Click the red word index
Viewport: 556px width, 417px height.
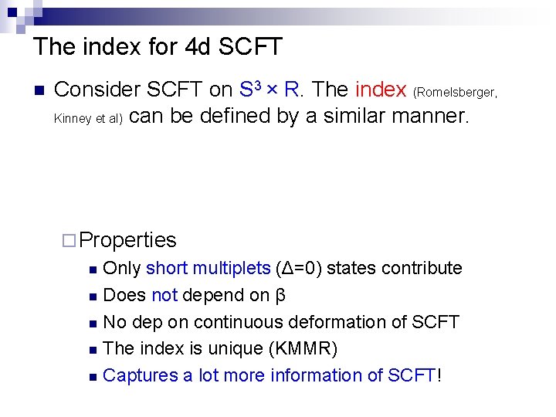click(381, 90)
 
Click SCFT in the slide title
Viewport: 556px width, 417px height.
click(251, 47)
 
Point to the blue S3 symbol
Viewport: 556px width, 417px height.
click(247, 89)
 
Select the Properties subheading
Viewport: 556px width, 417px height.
click(128, 240)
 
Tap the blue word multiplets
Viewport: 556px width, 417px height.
click(230, 268)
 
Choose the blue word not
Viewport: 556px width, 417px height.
click(164, 295)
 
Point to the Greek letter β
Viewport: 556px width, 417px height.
click(281, 296)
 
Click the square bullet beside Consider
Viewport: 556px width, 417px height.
click(36, 90)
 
